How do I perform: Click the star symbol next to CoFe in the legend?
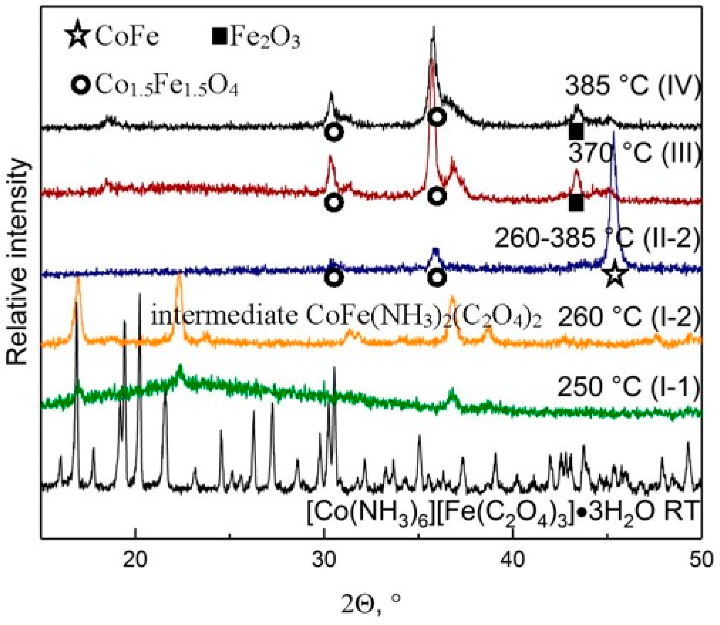pos(77,36)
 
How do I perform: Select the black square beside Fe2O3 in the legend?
pos(219,37)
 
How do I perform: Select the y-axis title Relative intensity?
pos(17,262)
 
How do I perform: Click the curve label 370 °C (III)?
pos(635,153)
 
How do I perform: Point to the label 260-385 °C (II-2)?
pos(597,238)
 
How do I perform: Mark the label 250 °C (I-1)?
pos(629,386)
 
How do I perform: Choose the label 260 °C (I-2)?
pos(629,317)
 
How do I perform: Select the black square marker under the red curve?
pos(576,204)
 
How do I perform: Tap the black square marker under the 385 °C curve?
pos(576,132)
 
